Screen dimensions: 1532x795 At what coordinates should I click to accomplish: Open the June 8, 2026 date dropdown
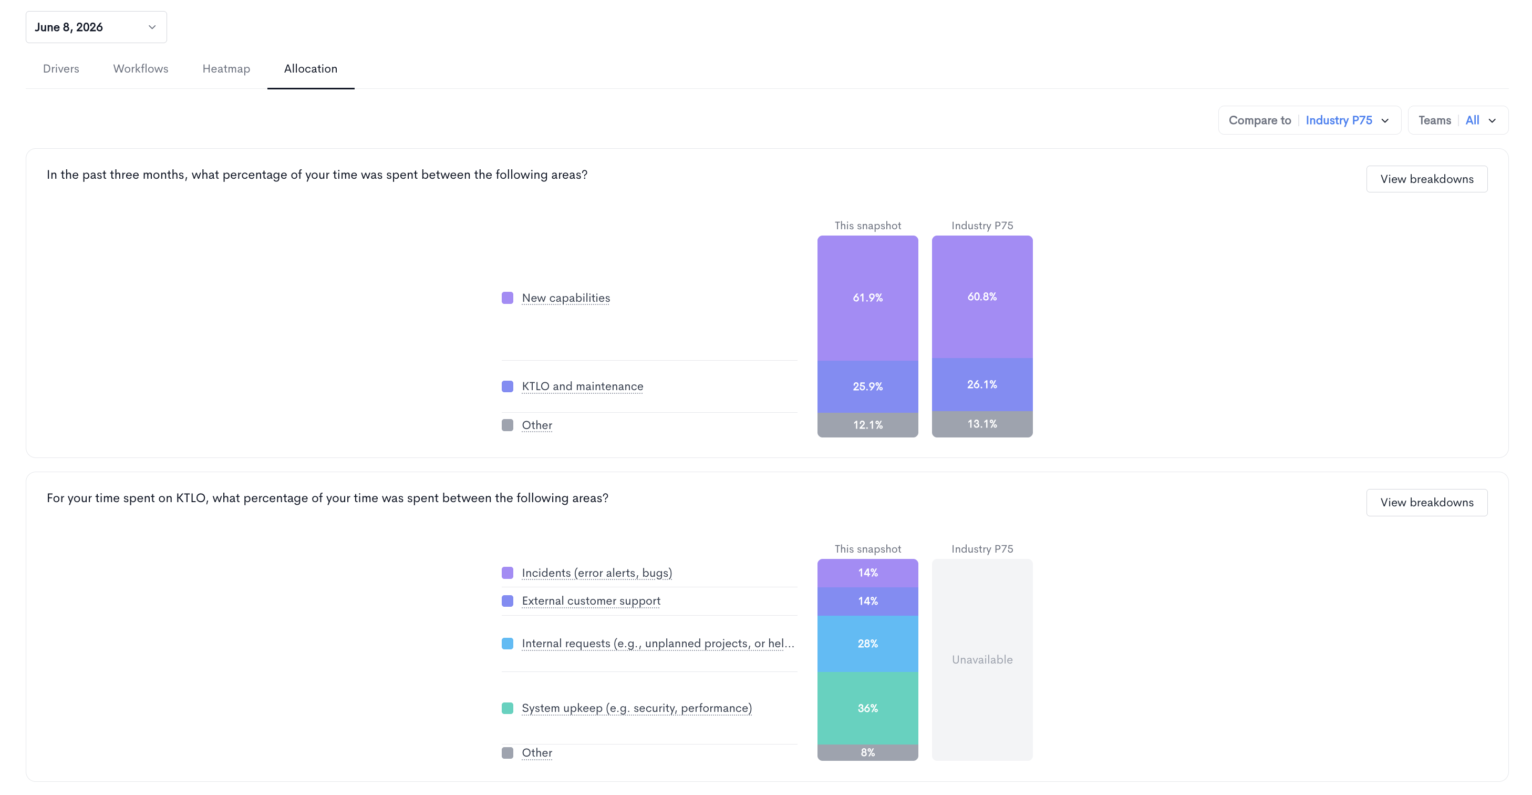(96, 27)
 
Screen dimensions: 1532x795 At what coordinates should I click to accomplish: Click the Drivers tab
(60, 68)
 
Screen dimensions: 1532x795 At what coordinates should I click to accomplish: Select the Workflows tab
(140, 68)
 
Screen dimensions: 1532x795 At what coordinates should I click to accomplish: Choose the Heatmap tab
(226, 68)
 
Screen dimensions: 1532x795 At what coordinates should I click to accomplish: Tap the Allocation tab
(310, 68)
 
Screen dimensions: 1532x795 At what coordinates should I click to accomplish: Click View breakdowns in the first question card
(1427, 179)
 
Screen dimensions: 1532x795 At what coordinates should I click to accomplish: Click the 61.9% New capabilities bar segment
(868, 298)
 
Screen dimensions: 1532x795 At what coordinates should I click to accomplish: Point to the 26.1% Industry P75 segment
(982, 384)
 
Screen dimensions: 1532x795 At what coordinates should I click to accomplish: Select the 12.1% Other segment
(868, 425)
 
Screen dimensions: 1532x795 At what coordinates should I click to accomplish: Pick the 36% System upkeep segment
(868, 708)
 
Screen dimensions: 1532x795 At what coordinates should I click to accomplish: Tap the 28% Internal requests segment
(868, 644)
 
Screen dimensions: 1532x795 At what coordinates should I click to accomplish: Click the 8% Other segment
(868, 752)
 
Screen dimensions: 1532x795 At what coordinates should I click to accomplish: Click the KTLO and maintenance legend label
(582, 386)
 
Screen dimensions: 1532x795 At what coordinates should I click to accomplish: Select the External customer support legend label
(591, 601)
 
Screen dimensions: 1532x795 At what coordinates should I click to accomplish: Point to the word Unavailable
(982, 659)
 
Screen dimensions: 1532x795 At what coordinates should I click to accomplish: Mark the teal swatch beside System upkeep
(508, 708)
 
